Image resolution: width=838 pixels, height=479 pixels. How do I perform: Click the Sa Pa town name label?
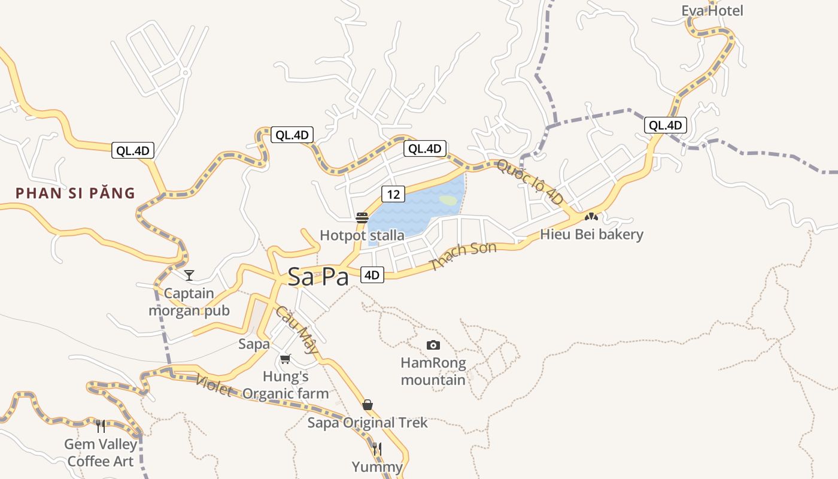click(x=318, y=277)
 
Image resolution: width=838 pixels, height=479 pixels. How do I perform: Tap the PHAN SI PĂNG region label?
click(x=75, y=193)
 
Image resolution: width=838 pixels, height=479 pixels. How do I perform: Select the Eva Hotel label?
click(x=712, y=11)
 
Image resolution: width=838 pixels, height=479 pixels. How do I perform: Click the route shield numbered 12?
click(x=393, y=194)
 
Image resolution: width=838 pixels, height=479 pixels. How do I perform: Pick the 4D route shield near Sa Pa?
click(x=372, y=275)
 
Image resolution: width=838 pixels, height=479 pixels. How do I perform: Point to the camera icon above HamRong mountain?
click(x=433, y=345)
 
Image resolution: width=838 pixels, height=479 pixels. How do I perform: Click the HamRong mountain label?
click(x=433, y=371)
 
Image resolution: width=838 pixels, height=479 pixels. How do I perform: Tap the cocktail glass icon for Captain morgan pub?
click(x=189, y=275)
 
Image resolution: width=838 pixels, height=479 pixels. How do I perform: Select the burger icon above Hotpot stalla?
click(x=362, y=217)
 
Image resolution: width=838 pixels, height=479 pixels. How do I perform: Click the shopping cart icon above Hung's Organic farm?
click(x=286, y=359)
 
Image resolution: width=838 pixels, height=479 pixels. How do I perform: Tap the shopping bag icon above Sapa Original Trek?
click(x=368, y=405)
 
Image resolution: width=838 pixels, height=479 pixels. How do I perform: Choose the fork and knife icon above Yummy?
click(x=377, y=448)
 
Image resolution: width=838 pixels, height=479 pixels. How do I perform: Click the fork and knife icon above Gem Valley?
click(x=101, y=426)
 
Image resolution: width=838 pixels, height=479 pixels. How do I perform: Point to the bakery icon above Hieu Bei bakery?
click(x=591, y=216)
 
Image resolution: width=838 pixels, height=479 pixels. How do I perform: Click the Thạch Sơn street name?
click(x=463, y=256)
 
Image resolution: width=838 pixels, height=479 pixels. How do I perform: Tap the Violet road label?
click(x=213, y=386)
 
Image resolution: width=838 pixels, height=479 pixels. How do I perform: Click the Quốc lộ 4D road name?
click(x=530, y=181)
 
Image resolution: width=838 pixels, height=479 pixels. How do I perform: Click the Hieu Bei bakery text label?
click(x=591, y=234)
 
